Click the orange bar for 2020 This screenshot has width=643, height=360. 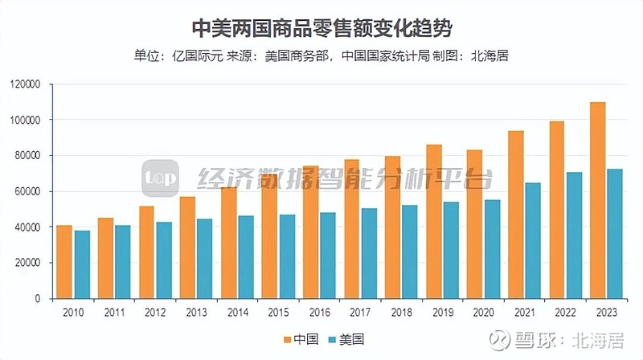(x=474, y=224)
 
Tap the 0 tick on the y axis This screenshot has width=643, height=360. (x=38, y=298)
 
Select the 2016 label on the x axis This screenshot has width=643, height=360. (x=318, y=310)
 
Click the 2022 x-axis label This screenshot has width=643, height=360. (x=565, y=310)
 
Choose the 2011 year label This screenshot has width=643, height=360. (x=113, y=310)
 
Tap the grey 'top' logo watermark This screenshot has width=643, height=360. (x=159, y=178)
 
